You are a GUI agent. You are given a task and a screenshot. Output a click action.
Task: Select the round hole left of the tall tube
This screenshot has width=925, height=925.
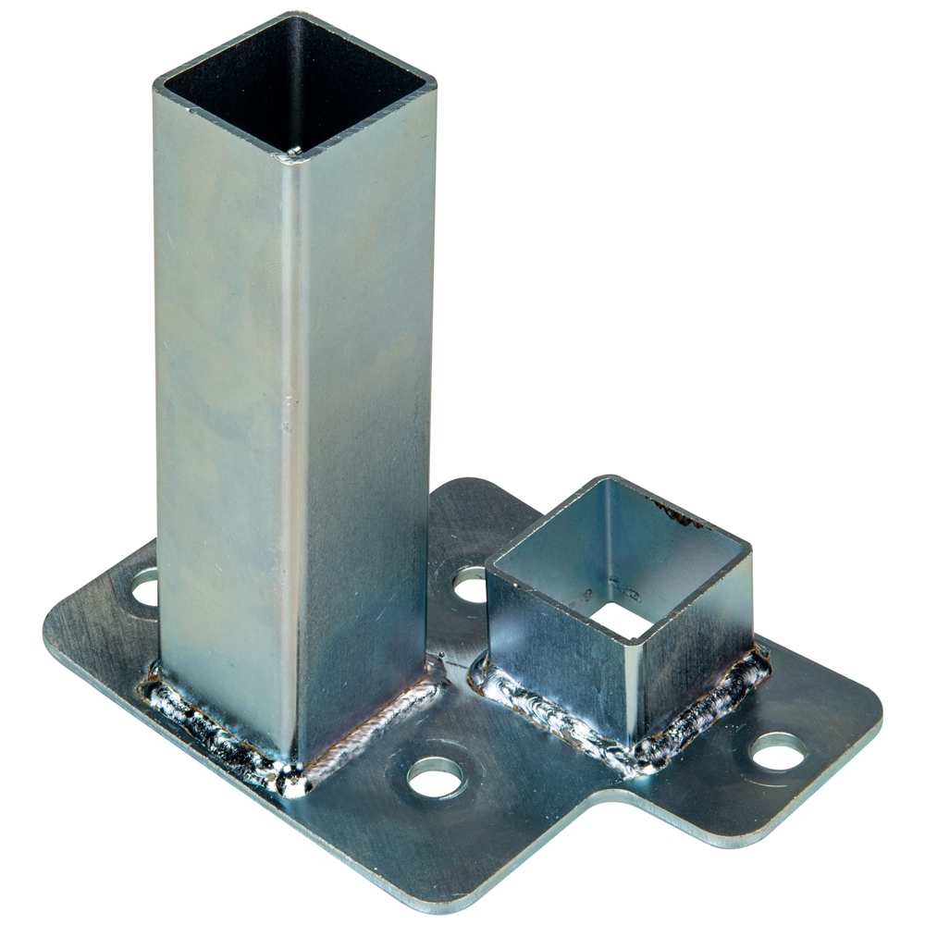(x=145, y=588)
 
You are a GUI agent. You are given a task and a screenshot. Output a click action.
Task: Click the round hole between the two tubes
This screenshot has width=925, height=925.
(x=469, y=585)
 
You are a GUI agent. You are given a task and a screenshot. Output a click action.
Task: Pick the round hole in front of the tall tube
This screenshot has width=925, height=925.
(x=435, y=777)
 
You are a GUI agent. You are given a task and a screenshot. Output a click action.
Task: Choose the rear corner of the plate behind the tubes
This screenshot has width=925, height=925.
(x=481, y=486)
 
